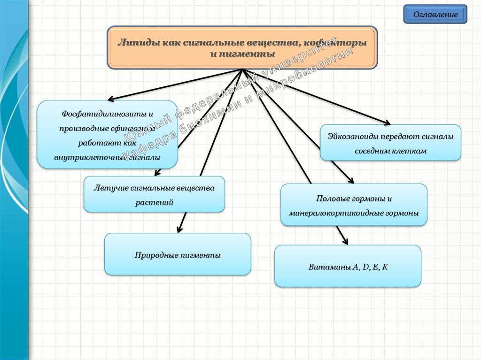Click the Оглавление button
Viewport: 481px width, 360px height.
pos(435,15)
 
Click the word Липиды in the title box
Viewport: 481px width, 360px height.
pos(134,43)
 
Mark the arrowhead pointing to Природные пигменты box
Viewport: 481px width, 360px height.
pos(178,230)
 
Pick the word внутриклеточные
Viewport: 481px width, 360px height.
pos(85,158)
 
